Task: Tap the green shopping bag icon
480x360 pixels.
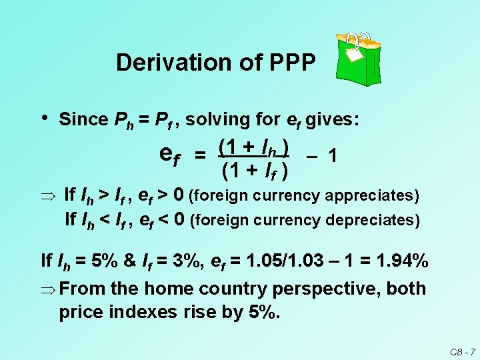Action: (x=359, y=57)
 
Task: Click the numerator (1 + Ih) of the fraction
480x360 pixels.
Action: (x=253, y=146)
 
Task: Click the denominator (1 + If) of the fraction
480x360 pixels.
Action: (x=253, y=171)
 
